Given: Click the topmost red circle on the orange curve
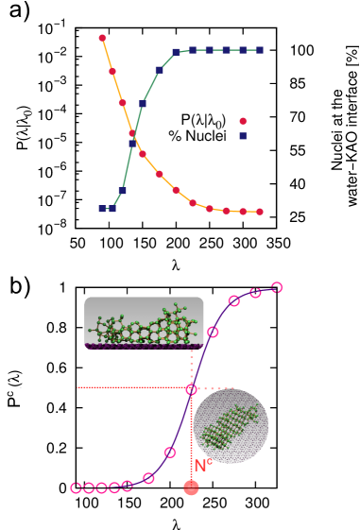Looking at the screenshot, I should (102, 38).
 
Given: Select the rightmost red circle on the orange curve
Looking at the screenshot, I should (260, 212).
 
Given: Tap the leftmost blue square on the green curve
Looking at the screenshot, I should (102, 209).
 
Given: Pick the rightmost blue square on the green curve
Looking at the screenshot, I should (260, 50).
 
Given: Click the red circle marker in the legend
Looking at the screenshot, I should (243, 121).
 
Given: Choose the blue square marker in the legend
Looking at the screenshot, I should (243, 136).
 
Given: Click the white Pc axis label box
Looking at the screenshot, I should (16, 401).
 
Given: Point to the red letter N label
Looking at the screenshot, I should (199, 465).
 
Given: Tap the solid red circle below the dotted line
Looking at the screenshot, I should (191, 487).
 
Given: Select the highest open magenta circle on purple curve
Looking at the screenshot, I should (277, 287).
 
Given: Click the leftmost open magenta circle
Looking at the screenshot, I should (76, 487).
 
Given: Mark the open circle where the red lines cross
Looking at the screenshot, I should (191, 388).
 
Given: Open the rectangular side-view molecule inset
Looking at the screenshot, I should (144, 322).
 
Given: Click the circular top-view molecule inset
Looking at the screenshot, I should (231, 426).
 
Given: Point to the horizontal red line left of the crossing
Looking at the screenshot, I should (132, 387).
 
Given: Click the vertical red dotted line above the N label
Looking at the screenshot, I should (191, 430).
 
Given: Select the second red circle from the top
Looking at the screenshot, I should (112, 71).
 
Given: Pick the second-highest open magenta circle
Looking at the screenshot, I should (255, 293).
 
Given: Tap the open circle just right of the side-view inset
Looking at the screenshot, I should (213, 332).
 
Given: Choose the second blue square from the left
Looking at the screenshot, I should (112, 209).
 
